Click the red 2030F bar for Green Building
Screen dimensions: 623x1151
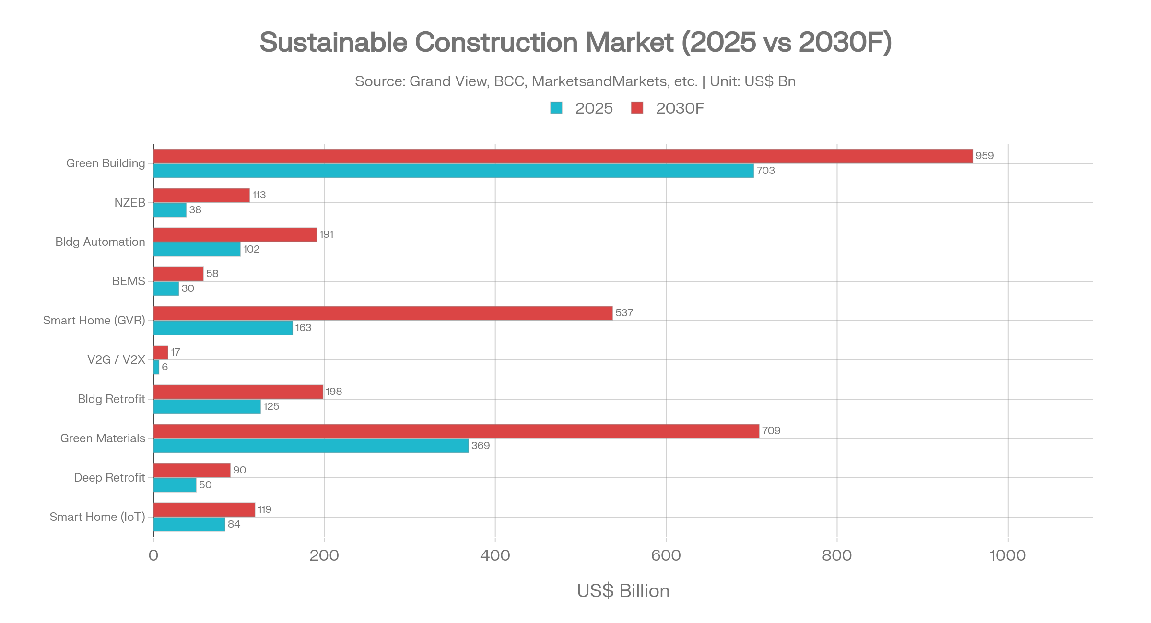(563, 156)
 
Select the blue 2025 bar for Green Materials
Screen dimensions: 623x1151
(311, 446)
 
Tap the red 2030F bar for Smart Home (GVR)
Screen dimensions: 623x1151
(383, 313)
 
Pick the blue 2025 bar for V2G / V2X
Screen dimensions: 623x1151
(156, 367)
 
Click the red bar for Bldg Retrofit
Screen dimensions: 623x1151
(238, 392)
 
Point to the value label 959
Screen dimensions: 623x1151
(985, 156)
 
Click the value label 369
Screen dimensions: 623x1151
(481, 446)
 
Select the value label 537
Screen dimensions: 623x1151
(624, 313)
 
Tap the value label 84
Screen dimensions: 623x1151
(234, 524)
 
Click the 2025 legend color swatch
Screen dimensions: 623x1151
(556, 108)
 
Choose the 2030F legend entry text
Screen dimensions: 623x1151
(680, 108)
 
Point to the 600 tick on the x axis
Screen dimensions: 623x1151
(666, 556)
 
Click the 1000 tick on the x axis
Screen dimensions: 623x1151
(1007, 556)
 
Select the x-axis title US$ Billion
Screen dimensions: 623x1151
(623, 591)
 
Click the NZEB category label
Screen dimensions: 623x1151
(129, 202)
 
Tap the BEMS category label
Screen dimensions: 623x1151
(129, 281)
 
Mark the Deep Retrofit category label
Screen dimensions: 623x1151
(109, 477)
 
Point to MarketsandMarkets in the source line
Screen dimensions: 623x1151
(614, 81)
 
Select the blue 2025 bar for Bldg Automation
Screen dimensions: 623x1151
(197, 249)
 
